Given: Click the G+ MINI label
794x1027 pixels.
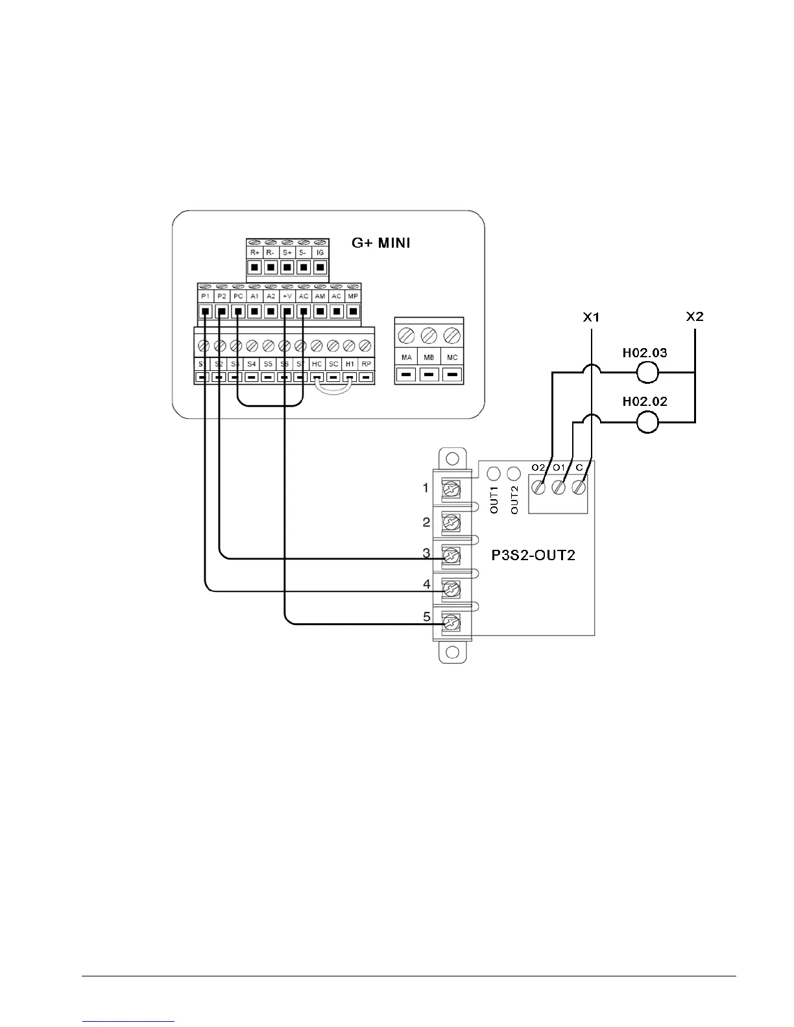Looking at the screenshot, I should [381, 243].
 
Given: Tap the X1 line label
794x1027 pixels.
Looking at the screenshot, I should [591, 317].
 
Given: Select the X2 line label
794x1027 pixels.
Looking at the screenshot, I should [694, 317].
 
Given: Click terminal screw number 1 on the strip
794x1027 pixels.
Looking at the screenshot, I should [450, 488].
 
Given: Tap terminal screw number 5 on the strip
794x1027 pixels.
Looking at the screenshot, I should [450, 623].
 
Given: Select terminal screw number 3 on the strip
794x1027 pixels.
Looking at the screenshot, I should [450, 556].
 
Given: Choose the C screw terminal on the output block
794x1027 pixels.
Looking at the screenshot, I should [579, 487].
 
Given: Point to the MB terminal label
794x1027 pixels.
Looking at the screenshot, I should [429, 357].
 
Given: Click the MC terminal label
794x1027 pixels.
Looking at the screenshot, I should [452, 357].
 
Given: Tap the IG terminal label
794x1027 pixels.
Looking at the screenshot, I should [320, 252].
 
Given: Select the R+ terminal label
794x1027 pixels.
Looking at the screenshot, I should [254, 252].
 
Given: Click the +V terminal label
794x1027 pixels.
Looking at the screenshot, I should [287, 296].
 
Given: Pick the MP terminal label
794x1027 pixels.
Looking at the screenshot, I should [353, 296].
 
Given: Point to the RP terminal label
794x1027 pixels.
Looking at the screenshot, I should [366, 364].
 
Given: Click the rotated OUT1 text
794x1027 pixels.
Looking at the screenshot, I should [494, 500].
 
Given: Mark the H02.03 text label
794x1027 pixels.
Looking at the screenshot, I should [645, 353].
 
